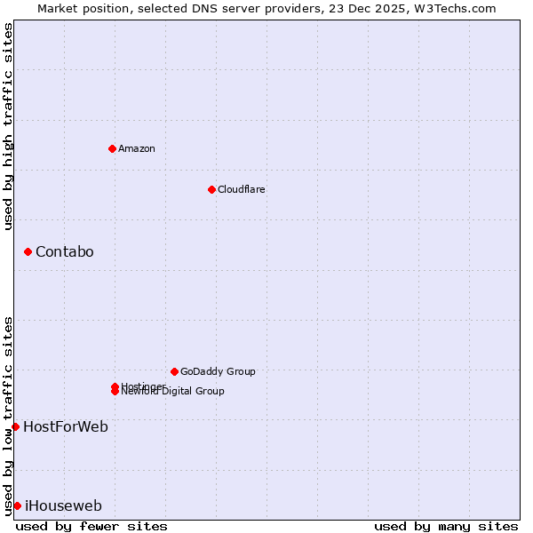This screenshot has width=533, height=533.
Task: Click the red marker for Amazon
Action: (x=112, y=148)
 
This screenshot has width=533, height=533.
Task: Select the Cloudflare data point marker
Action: (x=211, y=189)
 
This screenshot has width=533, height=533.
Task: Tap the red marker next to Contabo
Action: (x=28, y=252)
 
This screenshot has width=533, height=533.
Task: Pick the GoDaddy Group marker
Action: (x=174, y=371)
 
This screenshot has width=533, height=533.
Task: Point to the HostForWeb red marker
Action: (x=15, y=426)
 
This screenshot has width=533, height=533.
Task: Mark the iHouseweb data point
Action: (x=17, y=505)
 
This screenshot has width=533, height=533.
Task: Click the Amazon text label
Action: (x=136, y=148)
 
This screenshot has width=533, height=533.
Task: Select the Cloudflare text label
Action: (x=241, y=189)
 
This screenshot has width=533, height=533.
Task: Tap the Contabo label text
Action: (x=64, y=252)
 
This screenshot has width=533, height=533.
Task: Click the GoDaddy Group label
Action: (x=218, y=371)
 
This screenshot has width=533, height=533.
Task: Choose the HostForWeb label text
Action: (x=66, y=426)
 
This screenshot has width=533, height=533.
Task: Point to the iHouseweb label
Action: (x=63, y=506)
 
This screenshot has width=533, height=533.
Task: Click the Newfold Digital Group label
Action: (x=177, y=392)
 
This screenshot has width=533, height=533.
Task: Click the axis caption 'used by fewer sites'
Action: (x=91, y=526)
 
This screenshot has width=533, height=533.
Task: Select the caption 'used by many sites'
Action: (x=446, y=526)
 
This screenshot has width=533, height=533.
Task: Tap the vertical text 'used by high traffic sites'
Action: (x=8, y=126)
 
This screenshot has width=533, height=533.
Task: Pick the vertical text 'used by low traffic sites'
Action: (x=8, y=415)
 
